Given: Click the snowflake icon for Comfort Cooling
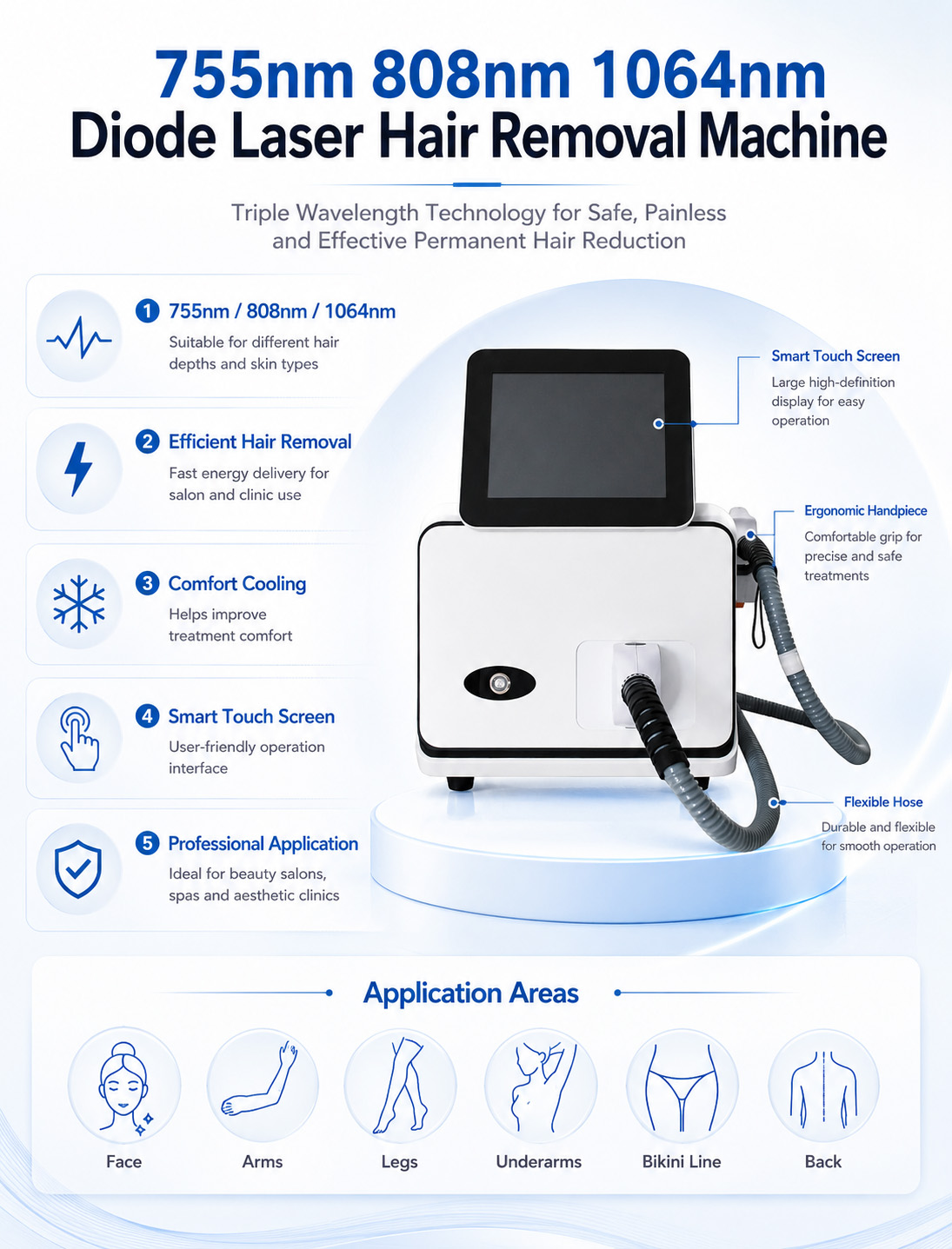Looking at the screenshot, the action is pos(78,604).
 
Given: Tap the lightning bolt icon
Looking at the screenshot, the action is pos(78,468).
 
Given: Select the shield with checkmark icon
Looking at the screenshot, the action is pos(78,869).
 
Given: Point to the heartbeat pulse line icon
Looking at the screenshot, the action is pos(78,337).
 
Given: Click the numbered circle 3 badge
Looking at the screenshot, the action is pos(148,583).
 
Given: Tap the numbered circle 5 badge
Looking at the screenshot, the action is pos(148,843).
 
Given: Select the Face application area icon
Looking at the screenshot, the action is pos(124,1085).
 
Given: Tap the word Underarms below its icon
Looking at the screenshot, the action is pos(539,1162).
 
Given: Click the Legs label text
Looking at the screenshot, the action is pos(399,1162).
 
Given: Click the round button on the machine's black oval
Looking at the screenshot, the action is pos(500,682).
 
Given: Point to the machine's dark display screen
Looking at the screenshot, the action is pos(576,435).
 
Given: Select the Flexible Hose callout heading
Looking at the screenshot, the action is pos(883,801).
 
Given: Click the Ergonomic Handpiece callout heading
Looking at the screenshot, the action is pos(866,510).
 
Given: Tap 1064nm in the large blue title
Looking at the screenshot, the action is pos(709,76).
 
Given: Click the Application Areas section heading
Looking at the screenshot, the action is pos(471,993).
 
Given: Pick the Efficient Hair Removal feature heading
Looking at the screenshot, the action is pos(260,442).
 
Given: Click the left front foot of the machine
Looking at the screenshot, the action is pos(461,783).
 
